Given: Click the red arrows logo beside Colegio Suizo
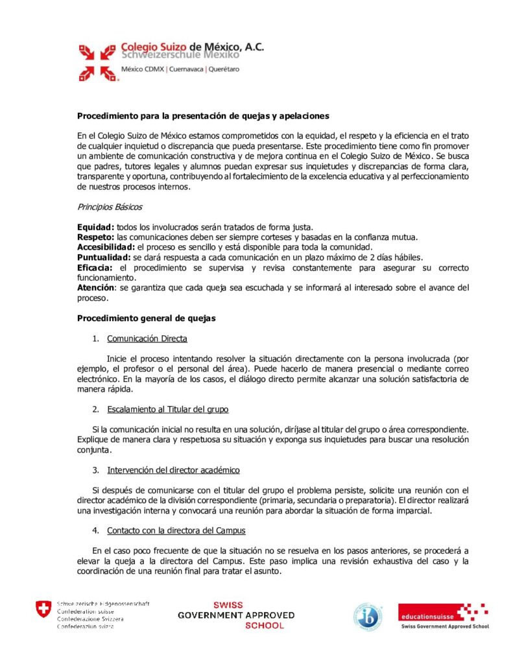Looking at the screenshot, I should [97, 62].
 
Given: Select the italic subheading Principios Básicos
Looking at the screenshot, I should [110, 207].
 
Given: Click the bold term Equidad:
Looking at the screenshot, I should [96, 227].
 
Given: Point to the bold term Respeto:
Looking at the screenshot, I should [96, 237].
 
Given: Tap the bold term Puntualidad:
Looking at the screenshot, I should [104, 257].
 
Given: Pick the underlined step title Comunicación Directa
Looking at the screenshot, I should [147, 338].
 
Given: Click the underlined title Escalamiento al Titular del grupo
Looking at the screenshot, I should [167, 409].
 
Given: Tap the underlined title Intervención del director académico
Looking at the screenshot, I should [173, 469].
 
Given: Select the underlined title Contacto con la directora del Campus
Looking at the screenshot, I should [176, 530].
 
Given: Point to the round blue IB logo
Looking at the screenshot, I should [367, 615].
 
